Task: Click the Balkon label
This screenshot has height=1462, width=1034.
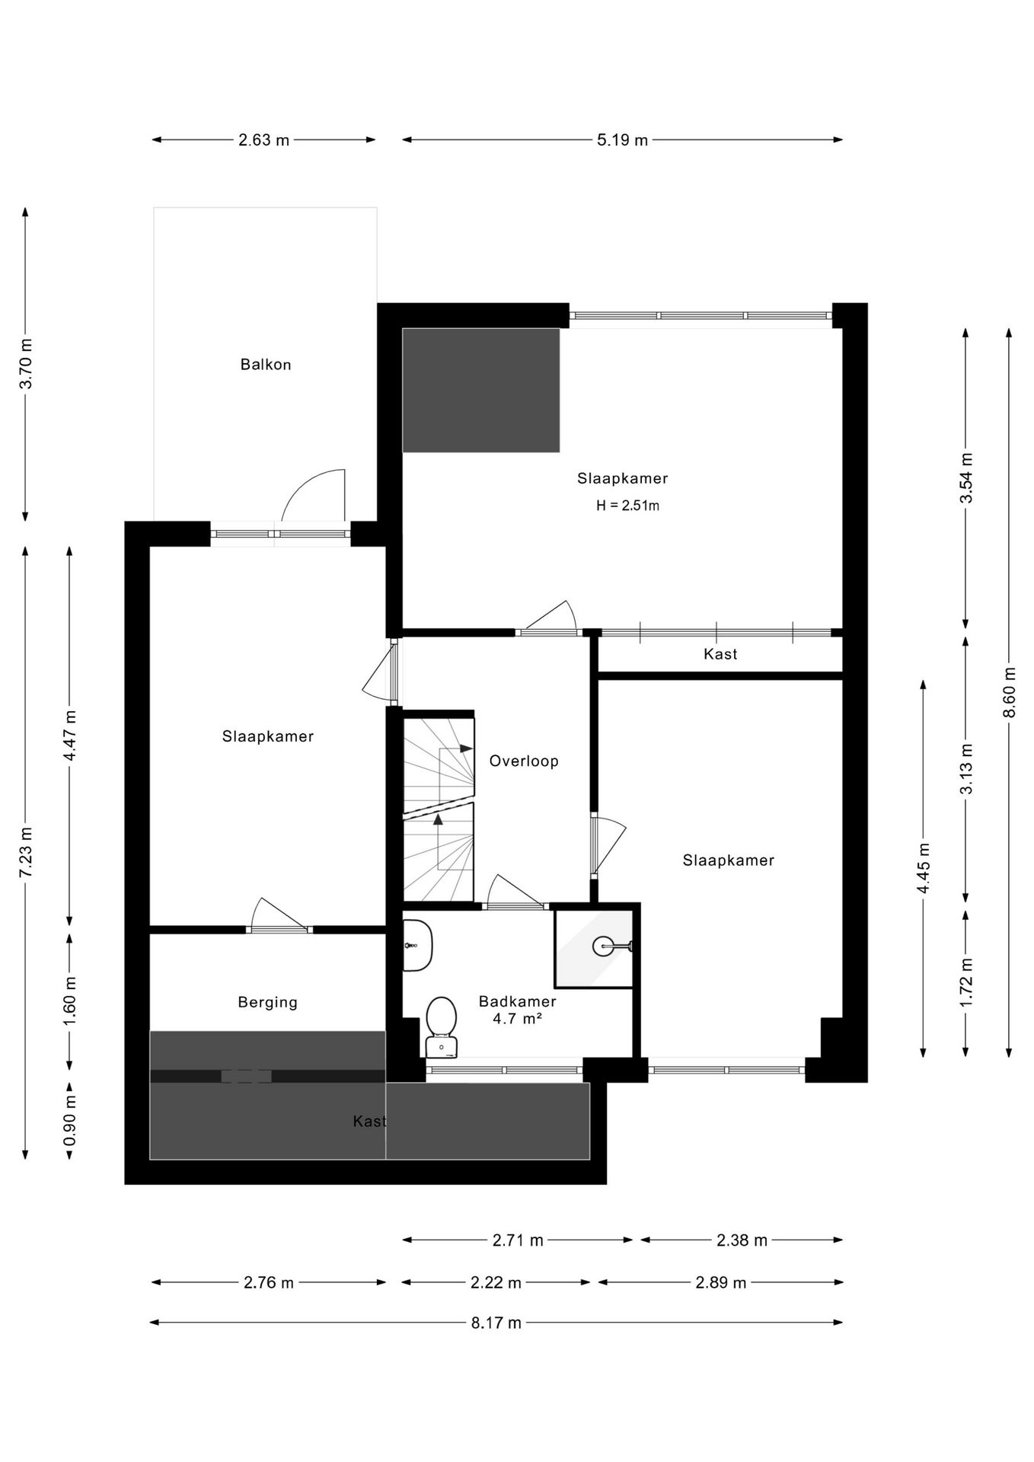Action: click(x=266, y=365)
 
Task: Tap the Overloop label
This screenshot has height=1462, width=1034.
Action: click(x=524, y=761)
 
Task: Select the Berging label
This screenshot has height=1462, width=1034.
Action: click(x=267, y=1002)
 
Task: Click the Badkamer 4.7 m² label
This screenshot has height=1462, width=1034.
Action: click(x=517, y=1010)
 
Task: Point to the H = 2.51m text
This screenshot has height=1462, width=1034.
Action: click(x=627, y=505)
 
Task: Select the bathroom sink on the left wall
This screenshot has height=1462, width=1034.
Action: click(x=417, y=945)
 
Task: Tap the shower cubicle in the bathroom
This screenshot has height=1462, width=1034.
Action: click(x=594, y=948)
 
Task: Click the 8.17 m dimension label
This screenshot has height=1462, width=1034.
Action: click(x=496, y=1323)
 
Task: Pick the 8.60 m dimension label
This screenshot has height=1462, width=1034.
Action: click(x=1009, y=692)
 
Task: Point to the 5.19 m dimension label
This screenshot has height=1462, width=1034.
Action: click(x=623, y=140)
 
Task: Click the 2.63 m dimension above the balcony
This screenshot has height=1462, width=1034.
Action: click(x=264, y=140)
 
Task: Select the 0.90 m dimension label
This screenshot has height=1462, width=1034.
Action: click(x=69, y=1120)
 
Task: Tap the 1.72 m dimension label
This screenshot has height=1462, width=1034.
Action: click(x=966, y=982)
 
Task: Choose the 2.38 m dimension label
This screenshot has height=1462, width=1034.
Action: click(x=742, y=1240)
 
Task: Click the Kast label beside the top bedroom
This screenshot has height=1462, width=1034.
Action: click(x=720, y=654)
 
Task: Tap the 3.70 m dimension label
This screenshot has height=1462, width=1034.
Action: click(x=26, y=363)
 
